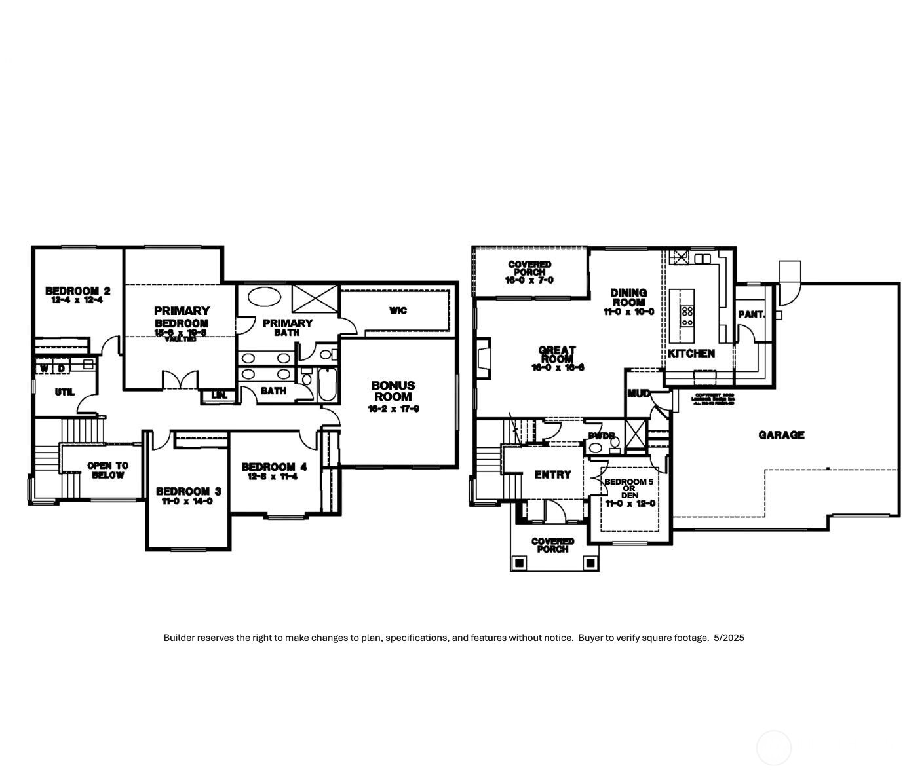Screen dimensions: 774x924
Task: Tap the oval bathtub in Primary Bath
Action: click(265, 297)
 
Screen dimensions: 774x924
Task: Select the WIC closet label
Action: click(398, 310)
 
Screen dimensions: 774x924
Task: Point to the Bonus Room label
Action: click(393, 391)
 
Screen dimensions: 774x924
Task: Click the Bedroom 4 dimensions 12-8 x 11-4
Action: click(273, 477)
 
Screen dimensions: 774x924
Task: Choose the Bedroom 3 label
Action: click(188, 491)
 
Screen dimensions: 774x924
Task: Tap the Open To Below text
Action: click(108, 470)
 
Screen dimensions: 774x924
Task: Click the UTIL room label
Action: click(64, 392)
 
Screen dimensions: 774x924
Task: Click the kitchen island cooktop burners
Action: click(687, 316)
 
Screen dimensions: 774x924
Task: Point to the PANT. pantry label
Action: click(751, 314)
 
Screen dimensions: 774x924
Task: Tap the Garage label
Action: click(781, 435)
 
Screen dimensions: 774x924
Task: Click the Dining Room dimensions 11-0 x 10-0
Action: click(628, 312)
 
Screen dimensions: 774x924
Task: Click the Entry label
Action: click(552, 475)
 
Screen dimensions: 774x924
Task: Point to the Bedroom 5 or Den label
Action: click(628, 488)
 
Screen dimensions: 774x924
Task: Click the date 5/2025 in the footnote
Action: click(729, 638)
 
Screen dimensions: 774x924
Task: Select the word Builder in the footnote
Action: click(179, 638)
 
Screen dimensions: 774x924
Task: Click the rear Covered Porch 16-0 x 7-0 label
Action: click(529, 272)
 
